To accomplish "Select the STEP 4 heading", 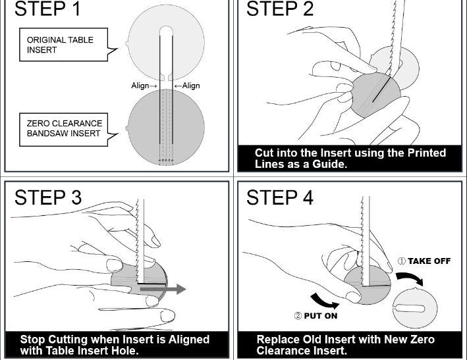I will click(x=280, y=197).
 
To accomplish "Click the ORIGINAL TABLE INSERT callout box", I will click(x=61, y=45).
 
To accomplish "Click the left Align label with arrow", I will click(x=144, y=86).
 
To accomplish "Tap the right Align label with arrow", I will click(x=187, y=86).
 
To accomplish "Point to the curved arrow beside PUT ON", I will click(x=324, y=300).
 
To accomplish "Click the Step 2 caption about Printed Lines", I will click(x=350, y=159).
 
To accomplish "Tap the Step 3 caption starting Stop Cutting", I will click(x=115, y=345).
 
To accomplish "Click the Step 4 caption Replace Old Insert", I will click(x=345, y=345).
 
